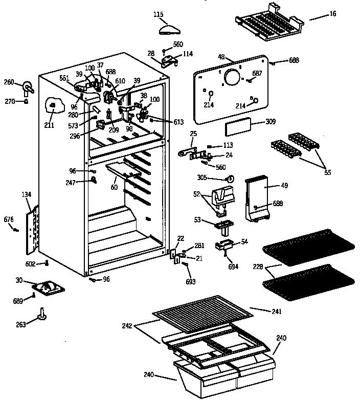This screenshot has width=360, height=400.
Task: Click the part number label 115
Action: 159,14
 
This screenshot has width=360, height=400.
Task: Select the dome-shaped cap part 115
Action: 168,28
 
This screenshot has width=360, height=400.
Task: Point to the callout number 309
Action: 271,122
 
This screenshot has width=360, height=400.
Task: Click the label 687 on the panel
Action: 257,73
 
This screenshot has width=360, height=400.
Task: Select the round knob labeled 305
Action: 230,179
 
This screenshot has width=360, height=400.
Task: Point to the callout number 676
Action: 9,219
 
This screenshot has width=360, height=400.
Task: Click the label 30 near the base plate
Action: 19,280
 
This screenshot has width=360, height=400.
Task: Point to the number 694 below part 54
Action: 233,267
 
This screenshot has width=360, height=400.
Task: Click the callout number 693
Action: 191,282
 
